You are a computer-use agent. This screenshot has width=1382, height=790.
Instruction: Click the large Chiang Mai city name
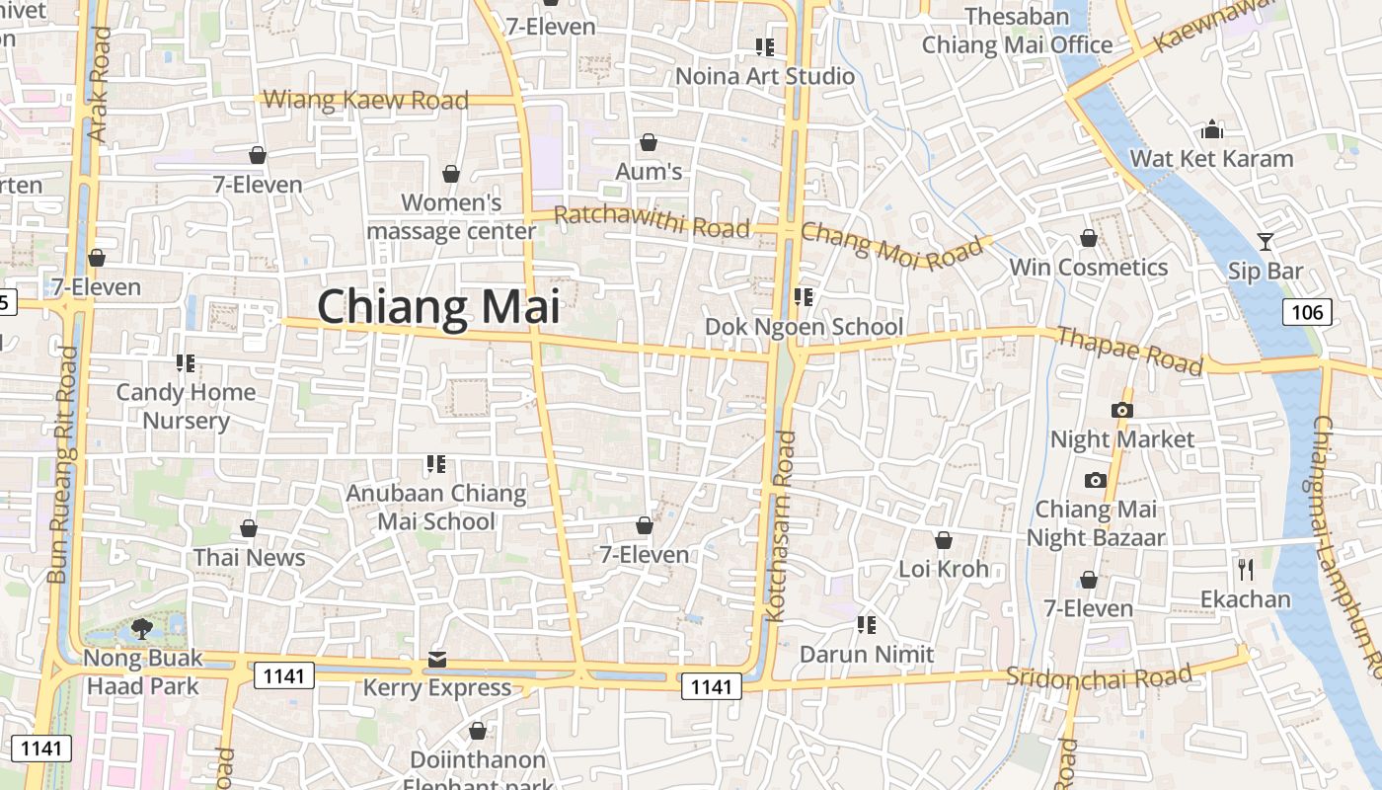click(x=438, y=306)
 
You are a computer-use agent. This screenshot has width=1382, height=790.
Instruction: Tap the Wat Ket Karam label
click(x=1211, y=158)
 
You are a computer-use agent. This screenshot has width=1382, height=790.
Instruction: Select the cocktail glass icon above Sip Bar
click(x=1265, y=240)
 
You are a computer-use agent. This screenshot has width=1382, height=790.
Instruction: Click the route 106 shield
click(x=1307, y=313)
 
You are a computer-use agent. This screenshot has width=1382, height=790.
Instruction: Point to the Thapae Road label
click(x=1129, y=351)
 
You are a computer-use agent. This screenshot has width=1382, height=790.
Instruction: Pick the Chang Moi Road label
click(x=891, y=245)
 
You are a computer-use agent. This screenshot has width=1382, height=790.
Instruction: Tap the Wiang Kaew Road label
click(x=366, y=100)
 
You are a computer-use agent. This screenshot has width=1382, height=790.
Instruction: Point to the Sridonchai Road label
click(x=1099, y=676)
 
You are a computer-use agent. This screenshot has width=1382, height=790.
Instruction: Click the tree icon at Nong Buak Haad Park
click(x=142, y=628)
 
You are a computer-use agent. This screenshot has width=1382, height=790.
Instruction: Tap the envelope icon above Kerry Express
click(x=437, y=660)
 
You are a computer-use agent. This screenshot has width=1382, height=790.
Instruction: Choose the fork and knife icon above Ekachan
click(x=1245, y=569)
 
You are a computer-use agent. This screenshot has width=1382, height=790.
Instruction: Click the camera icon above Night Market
click(x=1121, y=410)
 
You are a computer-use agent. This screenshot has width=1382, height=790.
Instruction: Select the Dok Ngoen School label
click(x=804, y=327)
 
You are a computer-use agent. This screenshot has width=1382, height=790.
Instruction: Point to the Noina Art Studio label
click(x=765, y=76)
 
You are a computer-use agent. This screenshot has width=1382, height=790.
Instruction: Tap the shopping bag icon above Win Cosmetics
click(x=1088, y=238)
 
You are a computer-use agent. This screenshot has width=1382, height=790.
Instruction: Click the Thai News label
click(x=249, y=557)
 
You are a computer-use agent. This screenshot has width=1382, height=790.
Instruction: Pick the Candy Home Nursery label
click(x=186, y=406)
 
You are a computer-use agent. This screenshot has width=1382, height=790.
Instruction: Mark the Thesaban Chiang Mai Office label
click(x=1017, y=31)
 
